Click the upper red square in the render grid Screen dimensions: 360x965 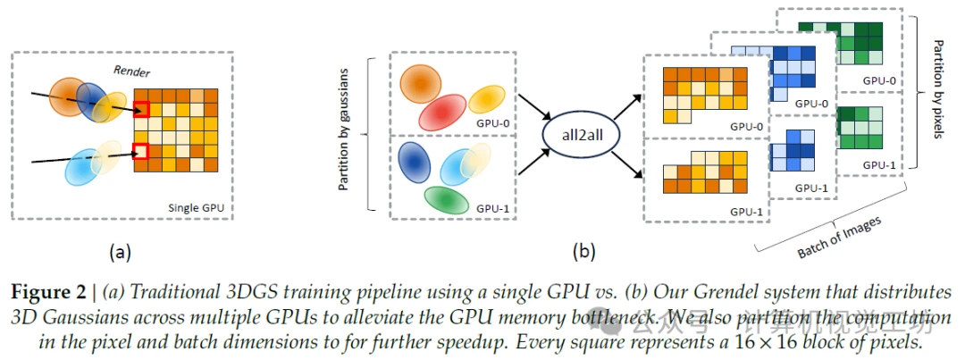click(140, 110)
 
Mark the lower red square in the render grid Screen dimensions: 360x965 click(140, 150)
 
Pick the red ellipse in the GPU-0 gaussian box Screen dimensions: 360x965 click(444, 113)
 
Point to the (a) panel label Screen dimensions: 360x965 click(120, 253)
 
